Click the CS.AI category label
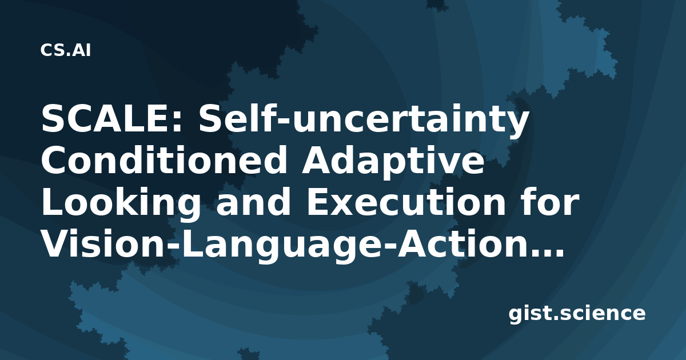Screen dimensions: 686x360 tap(66, 50)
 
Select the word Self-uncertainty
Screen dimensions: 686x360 tap(364, 121)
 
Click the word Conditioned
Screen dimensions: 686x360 tap(164, 161)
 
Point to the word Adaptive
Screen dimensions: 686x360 tap(393, 163)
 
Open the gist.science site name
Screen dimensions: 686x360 tap(577, 314)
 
